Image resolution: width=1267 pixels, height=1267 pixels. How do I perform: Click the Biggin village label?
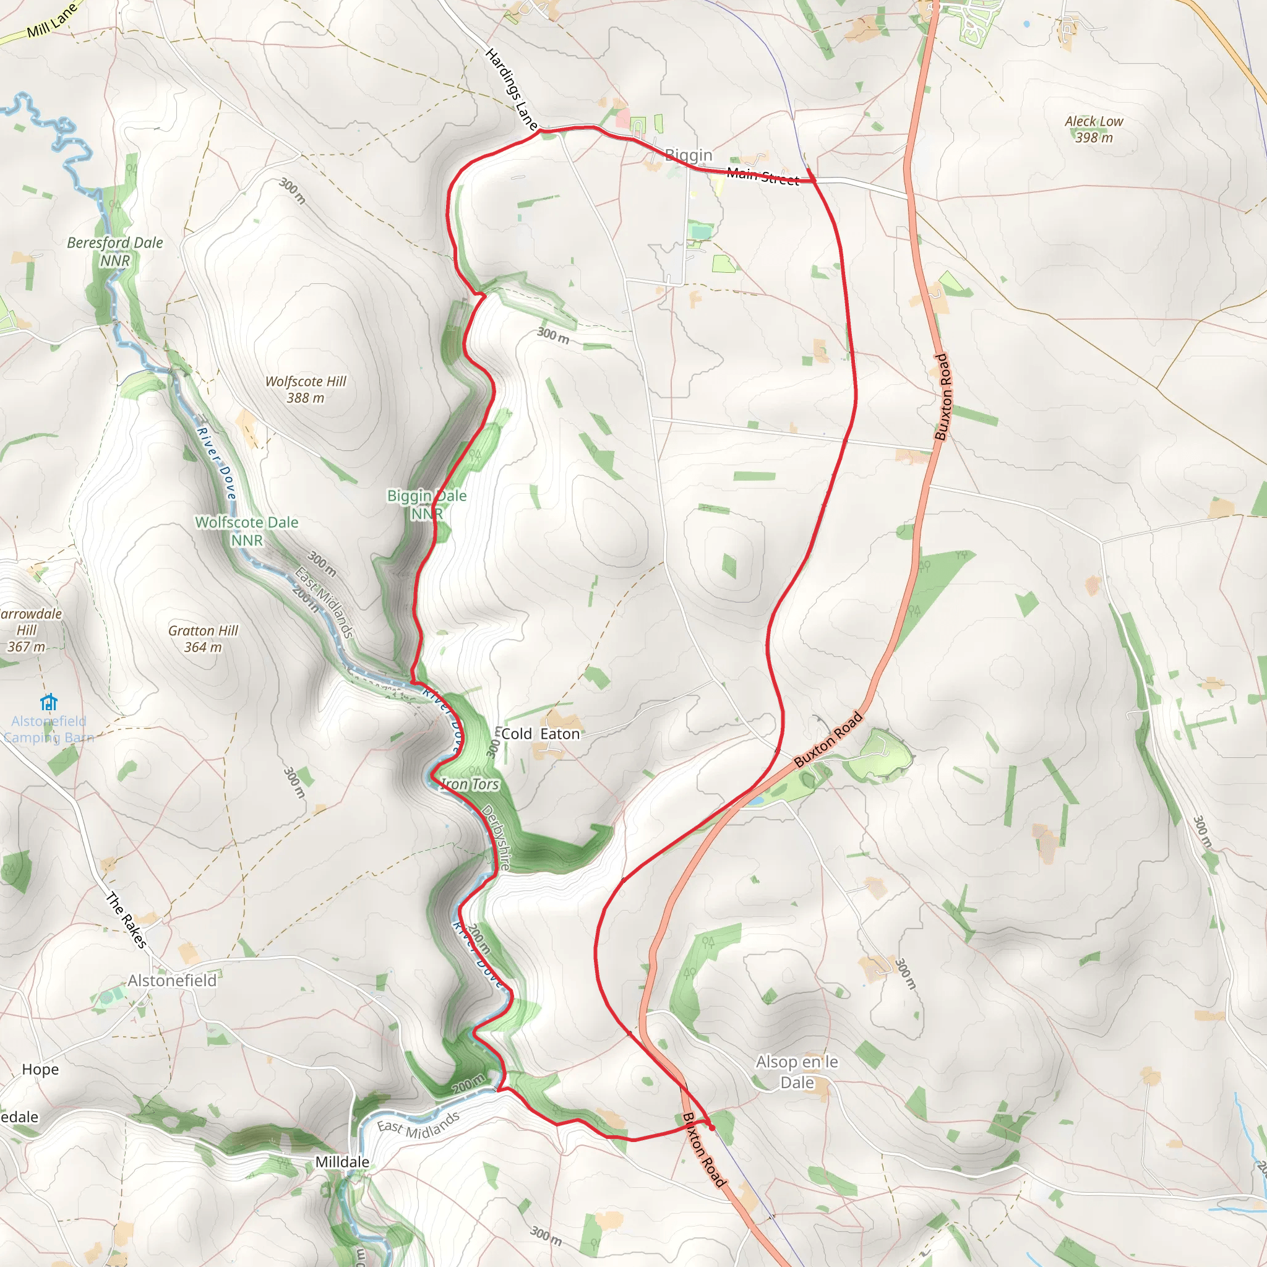688,155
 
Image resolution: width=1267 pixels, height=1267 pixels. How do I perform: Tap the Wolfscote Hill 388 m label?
305,390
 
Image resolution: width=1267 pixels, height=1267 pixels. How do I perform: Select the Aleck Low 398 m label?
1093,129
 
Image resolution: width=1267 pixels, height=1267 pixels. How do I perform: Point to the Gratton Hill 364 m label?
203,638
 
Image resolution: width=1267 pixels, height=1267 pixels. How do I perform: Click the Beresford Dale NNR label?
115,251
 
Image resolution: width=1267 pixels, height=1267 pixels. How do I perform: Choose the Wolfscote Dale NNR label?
247,531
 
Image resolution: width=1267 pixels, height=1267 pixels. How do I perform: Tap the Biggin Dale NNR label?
426,504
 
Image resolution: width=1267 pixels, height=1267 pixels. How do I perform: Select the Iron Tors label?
470,784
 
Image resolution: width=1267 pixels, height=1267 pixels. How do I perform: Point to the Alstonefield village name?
172,981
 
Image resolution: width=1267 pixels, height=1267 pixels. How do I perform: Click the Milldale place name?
341,1162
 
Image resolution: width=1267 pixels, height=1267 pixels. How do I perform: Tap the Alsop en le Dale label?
796,1072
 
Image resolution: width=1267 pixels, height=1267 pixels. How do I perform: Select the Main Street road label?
762,176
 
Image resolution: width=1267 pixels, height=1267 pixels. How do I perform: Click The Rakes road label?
126,920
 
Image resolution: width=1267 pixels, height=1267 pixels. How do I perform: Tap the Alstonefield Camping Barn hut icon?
48,702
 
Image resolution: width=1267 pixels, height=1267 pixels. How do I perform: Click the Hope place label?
40,1070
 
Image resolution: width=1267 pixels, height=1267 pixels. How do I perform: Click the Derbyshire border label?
496,837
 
